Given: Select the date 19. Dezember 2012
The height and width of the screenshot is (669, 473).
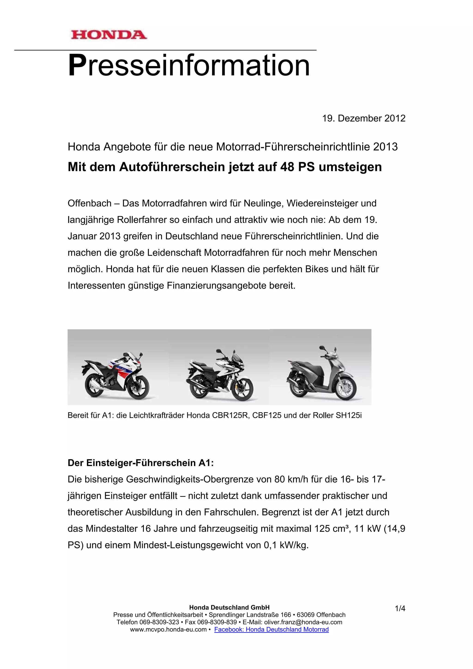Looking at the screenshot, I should tap(364, 118).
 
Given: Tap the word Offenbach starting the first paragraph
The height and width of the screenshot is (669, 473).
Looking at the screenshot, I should tap(89, 203).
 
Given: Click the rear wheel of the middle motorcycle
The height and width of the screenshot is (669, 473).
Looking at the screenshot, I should tap(198, 386).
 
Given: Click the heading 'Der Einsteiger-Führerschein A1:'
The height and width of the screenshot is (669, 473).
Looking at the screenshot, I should tap(141, 463).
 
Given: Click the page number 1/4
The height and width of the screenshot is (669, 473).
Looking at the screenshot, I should tap(400, 608).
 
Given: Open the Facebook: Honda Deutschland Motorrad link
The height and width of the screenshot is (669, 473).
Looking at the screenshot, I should tap(271, 629).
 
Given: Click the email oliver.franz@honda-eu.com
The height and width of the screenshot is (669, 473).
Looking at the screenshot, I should tap(303, 622).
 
